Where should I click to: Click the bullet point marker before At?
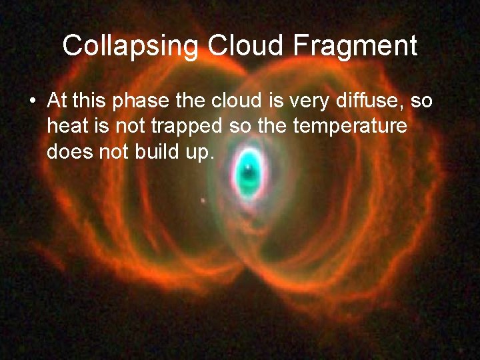[32, 103]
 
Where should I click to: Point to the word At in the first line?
[57, 101]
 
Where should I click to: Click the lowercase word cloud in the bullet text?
[238, 101]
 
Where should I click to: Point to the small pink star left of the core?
[203, 200]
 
